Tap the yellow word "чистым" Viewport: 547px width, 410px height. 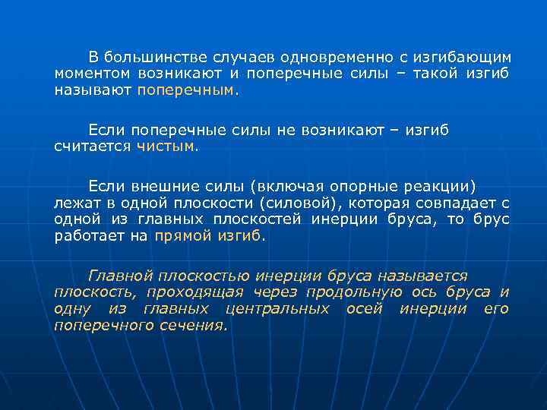[166, 147]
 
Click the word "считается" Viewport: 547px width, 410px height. [92, 147]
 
